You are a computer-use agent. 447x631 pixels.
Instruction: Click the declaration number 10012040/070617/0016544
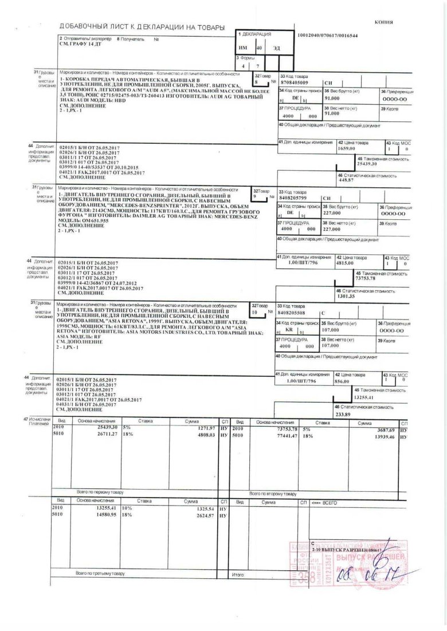pyautogui.click(x=328, y=36)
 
